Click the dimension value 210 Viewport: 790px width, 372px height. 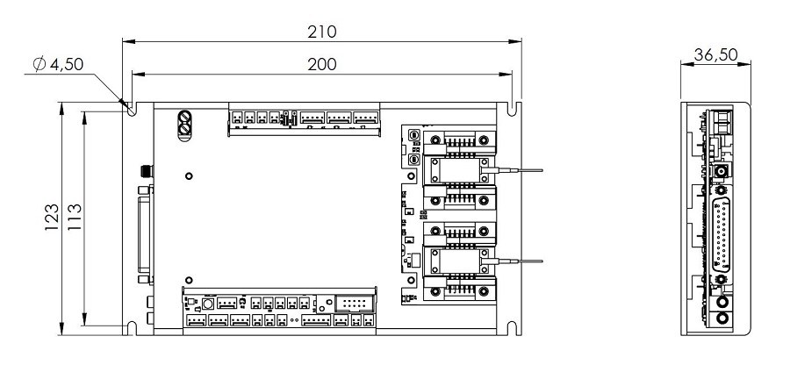321,32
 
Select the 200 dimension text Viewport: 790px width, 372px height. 321,64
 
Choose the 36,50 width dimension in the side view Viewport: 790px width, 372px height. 715,55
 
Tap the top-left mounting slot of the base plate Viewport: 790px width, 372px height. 131,110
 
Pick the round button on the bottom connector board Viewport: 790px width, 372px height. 208,304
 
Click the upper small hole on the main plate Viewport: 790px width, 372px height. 190,176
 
